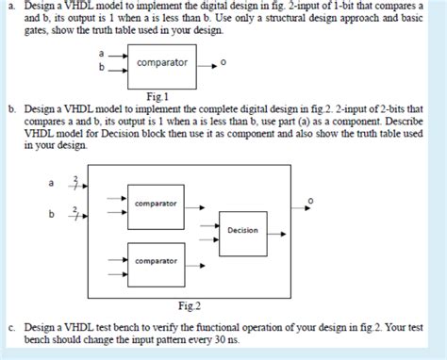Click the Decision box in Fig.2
[243, 229]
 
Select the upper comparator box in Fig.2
[156, 203]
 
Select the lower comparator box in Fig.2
[156, 260]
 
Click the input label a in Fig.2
[65, 183]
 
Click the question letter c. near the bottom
[9, 326]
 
